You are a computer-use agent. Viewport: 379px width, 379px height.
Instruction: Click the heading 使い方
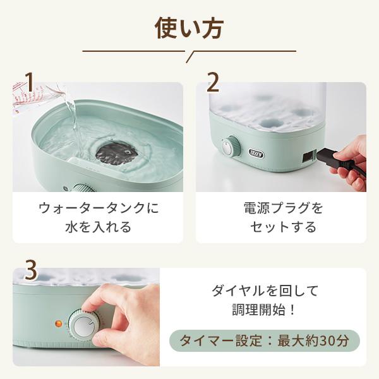tap(189, 29)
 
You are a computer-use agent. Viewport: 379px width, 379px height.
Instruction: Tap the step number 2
tap(213, 82)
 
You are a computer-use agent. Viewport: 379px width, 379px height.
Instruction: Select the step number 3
tap(31, 271)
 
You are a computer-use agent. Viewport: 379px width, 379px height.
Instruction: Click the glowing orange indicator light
tap(58, 323)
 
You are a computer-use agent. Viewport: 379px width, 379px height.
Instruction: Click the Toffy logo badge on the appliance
tap(256, 153)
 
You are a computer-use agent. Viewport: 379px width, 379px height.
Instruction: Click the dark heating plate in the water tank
tap(117, 153)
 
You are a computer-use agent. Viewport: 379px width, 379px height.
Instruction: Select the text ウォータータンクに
tap(99, 208)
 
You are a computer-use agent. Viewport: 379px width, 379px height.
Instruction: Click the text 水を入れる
tap(99, 227)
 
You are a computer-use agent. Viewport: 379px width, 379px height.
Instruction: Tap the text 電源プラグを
tap(283, 208)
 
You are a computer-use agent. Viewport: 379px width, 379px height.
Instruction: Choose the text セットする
tap(283, 227)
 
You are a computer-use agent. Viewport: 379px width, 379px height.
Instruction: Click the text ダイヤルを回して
tap(265, 291)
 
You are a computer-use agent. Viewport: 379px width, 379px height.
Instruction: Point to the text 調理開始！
tap(264, 310)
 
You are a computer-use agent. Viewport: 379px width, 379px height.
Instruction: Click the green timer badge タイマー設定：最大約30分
tap(265, 340)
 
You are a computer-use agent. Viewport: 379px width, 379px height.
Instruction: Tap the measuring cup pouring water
tap(36, 95)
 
